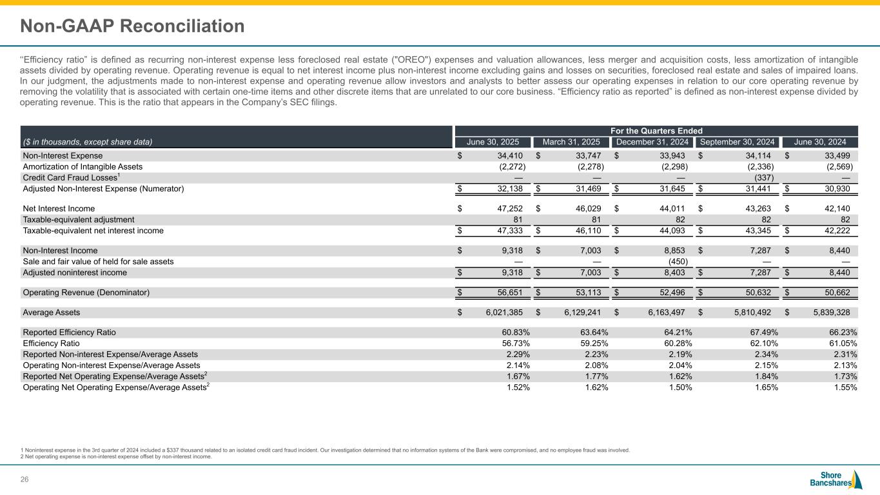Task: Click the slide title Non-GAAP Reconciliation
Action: (132, 26)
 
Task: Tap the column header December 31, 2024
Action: (652, 142)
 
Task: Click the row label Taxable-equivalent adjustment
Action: (79, 220)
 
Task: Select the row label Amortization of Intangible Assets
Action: (83, 166)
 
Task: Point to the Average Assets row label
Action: (52, 313)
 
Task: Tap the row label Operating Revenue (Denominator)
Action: (86, 293)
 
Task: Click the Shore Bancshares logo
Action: (836, 480)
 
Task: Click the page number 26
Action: (26, 478)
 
